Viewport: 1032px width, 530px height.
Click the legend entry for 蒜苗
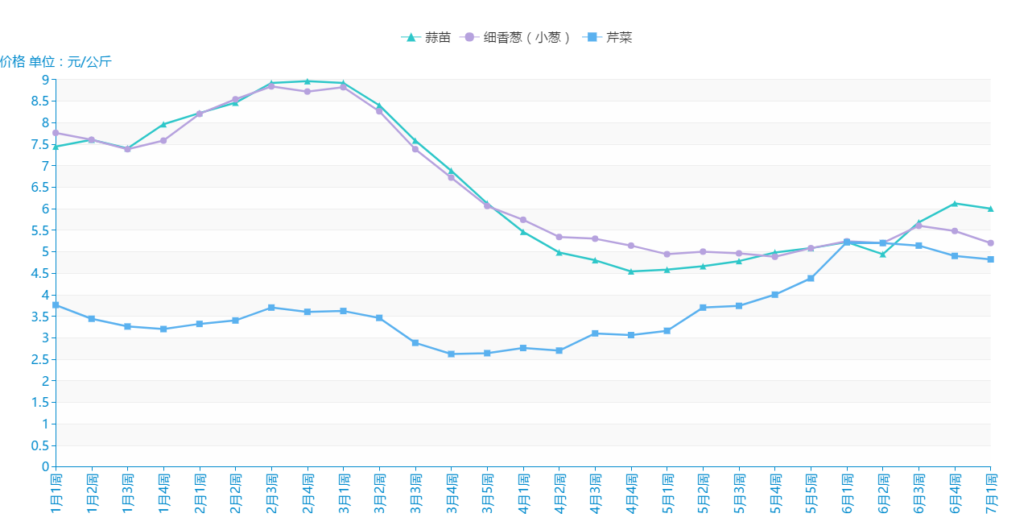click(427, 37)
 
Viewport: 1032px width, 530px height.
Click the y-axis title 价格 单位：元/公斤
click(56, 61)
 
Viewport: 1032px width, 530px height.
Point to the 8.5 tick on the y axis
click(40, 101)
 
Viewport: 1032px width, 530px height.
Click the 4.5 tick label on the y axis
click(40, 273)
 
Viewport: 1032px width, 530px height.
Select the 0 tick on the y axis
click(45, 467)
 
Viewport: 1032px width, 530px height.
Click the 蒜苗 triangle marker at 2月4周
click(308, 81)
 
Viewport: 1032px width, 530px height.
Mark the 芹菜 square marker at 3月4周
click(452, 354)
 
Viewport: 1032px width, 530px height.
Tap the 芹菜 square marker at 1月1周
click(56, 305)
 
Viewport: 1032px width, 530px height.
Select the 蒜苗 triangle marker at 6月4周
click(955, 204)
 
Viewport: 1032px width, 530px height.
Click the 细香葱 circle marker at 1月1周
click(56, 133)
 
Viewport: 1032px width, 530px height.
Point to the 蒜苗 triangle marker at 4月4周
click(631, 271)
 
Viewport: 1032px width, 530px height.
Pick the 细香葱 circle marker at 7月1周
click(991, 243)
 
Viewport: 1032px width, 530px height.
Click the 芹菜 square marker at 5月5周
click(811, 279)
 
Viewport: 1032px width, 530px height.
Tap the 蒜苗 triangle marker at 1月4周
click(163, 124)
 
